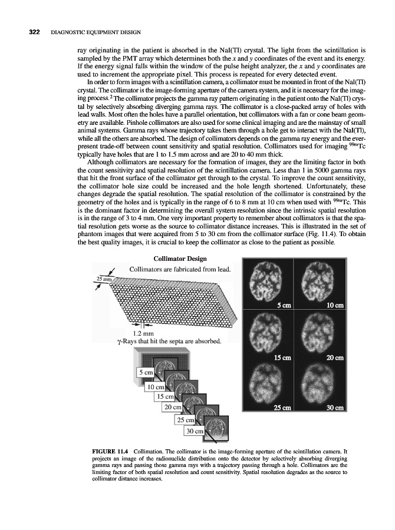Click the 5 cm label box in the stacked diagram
146,372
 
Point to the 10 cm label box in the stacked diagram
155,387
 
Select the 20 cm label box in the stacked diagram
173,408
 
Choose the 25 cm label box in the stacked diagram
185,420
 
